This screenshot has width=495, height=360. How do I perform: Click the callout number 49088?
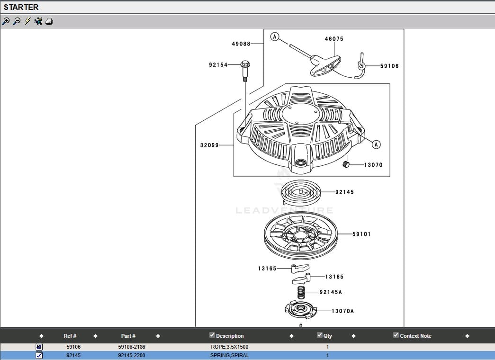coord(241,44)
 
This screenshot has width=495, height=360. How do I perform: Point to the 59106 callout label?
coord(389,66)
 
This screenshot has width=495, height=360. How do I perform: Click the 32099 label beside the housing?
coord(209,145)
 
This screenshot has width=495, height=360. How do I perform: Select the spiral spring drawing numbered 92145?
coord(300,192)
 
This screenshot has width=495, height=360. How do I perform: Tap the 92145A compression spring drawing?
coord(300,292)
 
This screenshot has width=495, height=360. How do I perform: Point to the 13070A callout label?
coord(342,311)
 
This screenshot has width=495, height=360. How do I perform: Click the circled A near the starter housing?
coord(376,144)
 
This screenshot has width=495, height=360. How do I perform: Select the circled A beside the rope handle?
coord(275,36)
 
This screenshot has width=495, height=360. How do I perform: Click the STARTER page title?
coord(21,7)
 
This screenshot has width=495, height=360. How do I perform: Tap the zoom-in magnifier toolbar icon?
coord(6,21)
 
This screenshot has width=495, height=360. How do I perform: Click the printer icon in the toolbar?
coord(50,21)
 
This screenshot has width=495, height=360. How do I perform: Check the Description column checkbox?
coord(212,335)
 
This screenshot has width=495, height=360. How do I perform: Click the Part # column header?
coord(128,336)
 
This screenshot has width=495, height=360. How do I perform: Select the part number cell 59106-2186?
coord(132,347)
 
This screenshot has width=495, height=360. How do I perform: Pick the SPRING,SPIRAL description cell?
coord(229,355)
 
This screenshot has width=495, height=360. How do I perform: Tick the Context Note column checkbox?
coord(396,335)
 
